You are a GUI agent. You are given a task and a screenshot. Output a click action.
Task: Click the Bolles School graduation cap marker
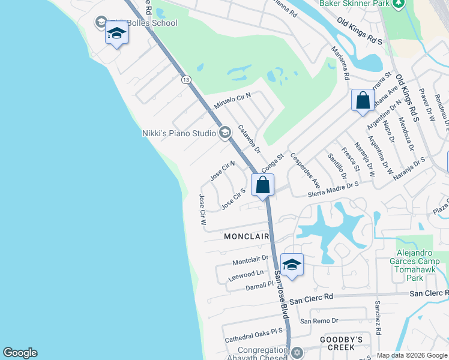[116, 34]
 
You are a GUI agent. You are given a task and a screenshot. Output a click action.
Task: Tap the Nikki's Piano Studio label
[179, 133]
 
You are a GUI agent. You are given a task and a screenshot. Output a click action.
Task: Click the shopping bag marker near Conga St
[262, 185]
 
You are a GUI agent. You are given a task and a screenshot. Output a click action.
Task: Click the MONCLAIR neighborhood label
[246, 236]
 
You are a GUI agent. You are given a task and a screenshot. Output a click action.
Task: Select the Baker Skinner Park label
[354, 4]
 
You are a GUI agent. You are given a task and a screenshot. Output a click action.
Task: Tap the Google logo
[20, 353]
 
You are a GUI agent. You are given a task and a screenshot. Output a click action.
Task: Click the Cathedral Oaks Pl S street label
[253, 335]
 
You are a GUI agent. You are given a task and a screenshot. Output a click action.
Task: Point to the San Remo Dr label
[319, 321]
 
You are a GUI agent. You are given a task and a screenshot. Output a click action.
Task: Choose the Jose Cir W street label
[203, 209]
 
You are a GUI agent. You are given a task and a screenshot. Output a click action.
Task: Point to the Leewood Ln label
[246, 275]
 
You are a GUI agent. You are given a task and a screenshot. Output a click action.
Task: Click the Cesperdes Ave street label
[305, 170]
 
